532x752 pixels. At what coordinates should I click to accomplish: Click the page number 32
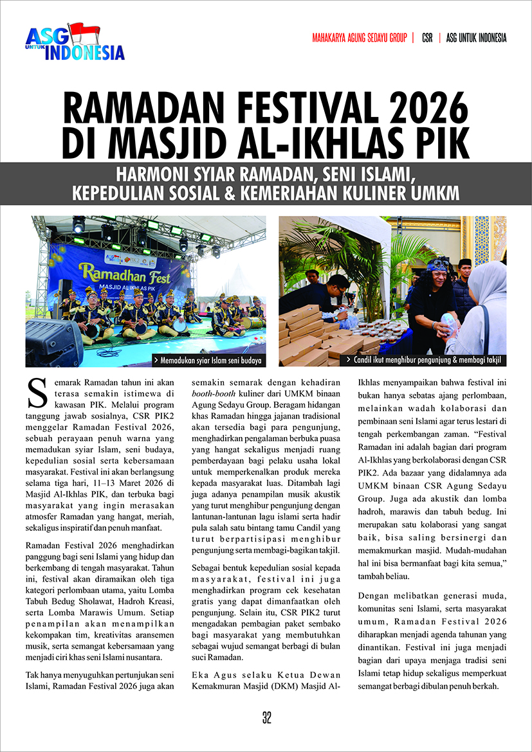click(x=266, y=718)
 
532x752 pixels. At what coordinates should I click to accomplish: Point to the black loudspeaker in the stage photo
click(x=53, y=341)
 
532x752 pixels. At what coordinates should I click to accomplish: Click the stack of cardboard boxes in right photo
click(x=309, y=334)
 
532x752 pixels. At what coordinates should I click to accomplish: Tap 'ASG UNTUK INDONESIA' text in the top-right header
click(x=476, y=38)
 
